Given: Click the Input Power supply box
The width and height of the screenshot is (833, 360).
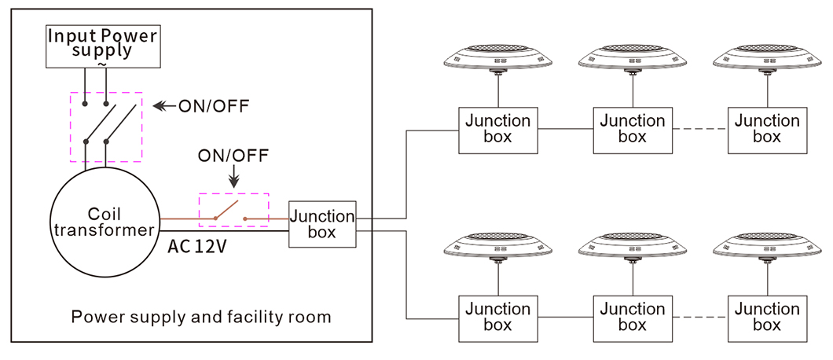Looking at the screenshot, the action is pos(102,46).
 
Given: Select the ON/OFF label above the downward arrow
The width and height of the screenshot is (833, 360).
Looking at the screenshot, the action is pos(233,156).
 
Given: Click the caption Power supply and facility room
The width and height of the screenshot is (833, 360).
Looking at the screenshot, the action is pos(201,317).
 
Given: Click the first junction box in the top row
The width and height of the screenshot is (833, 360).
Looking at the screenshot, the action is pos(498,130).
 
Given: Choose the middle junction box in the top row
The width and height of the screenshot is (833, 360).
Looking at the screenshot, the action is pos(633,130).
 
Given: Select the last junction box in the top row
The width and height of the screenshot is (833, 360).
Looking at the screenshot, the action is pos(767,130).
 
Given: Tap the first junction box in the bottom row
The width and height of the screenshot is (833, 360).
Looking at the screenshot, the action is pos(498,318).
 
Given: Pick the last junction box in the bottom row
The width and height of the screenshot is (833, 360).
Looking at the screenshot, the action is pos(767,318).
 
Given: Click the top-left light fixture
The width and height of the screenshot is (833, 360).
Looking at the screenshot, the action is pos(498,58).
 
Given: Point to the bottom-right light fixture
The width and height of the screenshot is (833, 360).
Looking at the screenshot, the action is pos(767,247).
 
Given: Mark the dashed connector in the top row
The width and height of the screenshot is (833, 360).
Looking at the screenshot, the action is pos(700,129).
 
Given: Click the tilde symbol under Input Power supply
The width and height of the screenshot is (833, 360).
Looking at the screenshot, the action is pos(102,64).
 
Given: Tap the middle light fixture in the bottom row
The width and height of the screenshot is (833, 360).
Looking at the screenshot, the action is pos(633,247).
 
